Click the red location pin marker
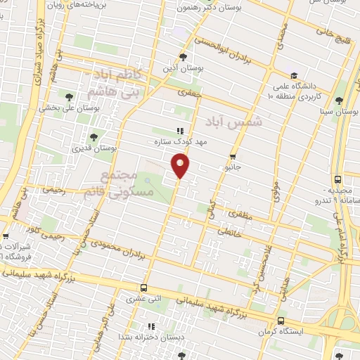click(x=181, y=166)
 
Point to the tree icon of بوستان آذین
click(x=183, y=58)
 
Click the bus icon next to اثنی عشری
click(x=144, y=288)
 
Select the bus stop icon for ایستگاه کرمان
click(x=281, y=320)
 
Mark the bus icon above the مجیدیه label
click(x=338, y=179)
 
